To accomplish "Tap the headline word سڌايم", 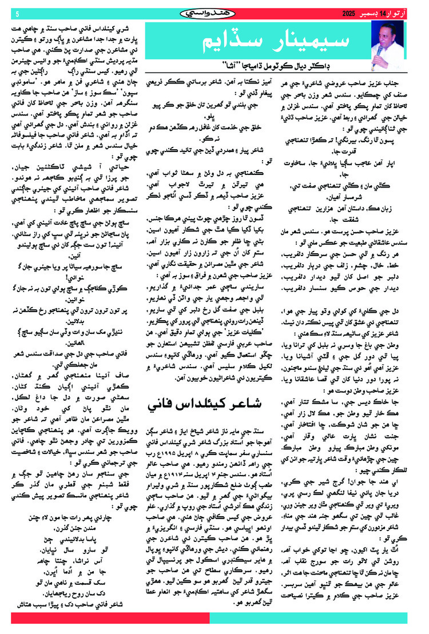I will click(229, 42).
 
